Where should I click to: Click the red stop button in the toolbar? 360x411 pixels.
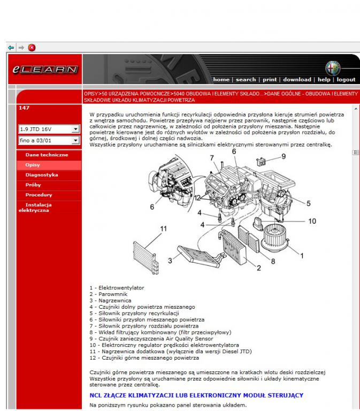pyautogui.click(x=32, y=48)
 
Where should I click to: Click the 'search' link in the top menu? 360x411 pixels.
pyautogui.click(x=246, y=80)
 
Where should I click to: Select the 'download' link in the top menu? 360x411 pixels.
pyautogui.click(x=297, y=80)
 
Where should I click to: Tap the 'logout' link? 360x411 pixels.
pyautogui.click(x=346, y=80)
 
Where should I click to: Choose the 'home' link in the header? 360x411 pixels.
pyautogui.click(x=221, y=80)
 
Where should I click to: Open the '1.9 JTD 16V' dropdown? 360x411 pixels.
pyautogui.click(x=75, y=129)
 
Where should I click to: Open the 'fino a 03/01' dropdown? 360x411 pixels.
pyautogui.click(x=75, y=140)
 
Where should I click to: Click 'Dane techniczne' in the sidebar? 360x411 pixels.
pyautogui.click(x=47, y=155)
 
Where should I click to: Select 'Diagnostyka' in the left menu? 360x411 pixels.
pyautogui.click(x=42, y=175)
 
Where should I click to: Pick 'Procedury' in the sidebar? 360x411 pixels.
pyautogui.click(x=39, y=195)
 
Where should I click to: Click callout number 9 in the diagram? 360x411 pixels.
pyautogui.click(x=284, y=156)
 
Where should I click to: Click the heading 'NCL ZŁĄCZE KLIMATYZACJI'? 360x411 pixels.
pyautogui.click(x=196, y=395)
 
